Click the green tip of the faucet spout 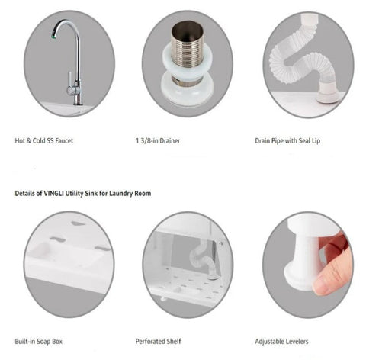point(53,37)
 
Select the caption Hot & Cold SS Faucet point(44,140)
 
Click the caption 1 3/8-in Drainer point(158,140)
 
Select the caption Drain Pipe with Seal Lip point(287,140)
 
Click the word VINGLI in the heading point(53,193)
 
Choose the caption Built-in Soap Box point(38,341)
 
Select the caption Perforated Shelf point(158,341)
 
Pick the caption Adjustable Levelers point(281,341)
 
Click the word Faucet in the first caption point(64,140)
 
